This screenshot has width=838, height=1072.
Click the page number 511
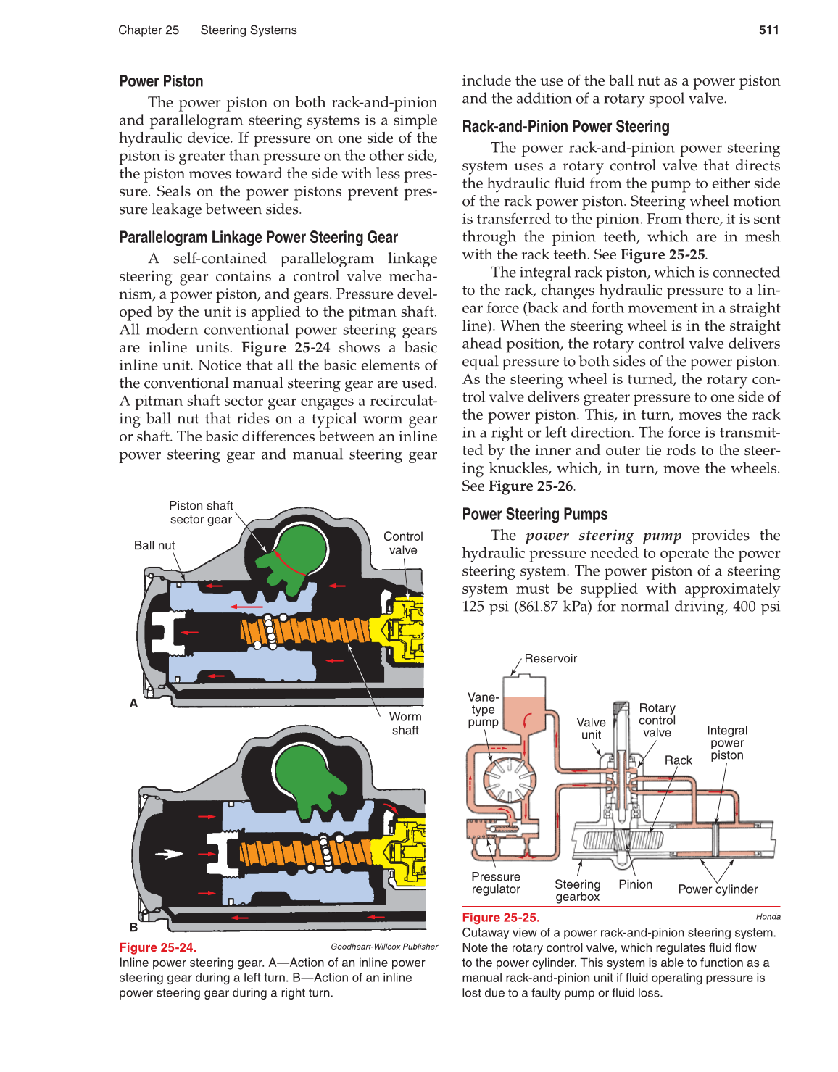[x=768, y=30]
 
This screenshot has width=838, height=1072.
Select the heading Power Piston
[x=161, y=81]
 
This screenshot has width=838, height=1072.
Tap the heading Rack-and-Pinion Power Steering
[x=565, y=127]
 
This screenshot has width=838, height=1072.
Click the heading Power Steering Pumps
[x=534, y=515]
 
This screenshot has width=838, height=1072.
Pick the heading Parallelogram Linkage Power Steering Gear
[x=258, y=238]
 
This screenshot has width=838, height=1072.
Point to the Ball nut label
[x=154, y=545]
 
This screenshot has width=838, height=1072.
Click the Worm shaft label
[x=405, y=723]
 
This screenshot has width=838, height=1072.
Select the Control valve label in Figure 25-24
[x=403, y=543]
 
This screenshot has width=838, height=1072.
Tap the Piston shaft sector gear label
[x=201, y=512]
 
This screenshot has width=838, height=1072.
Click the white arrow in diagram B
[x=168, y=854]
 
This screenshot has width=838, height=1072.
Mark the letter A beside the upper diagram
[x=133, y=703]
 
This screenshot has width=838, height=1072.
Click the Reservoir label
[x=550, y=658]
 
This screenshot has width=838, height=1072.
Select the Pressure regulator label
[x=496, y=883]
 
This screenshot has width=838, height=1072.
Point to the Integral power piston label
[x=727, y=743]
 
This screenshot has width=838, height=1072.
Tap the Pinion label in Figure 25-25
[x=635, y=884]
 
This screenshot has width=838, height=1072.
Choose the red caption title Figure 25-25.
[x=501, y=918]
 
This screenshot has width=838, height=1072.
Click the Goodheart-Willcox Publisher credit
[x=384, y=947]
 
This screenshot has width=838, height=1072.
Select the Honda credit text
[x=768, y=917]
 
